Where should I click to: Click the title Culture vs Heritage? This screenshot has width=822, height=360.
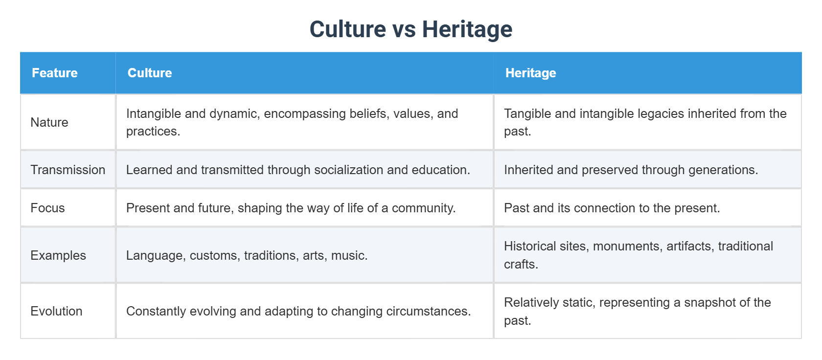[x=411, y=29]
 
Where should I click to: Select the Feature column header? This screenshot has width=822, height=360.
[x=55, y=73]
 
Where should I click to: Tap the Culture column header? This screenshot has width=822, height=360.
[x=150, y=73]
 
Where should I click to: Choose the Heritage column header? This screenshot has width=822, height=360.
[x=530, y=73]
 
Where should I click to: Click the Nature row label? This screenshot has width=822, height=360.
[x=49, y=122]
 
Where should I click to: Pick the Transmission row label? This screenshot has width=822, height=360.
[x=68, y=170]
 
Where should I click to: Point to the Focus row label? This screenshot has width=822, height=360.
[x=47, y=208]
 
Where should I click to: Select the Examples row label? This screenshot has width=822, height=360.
[x=58, y=255]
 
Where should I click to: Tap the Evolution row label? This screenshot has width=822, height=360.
[x=56, y=311]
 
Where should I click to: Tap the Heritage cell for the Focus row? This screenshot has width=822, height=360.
[x=612, y=208]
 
